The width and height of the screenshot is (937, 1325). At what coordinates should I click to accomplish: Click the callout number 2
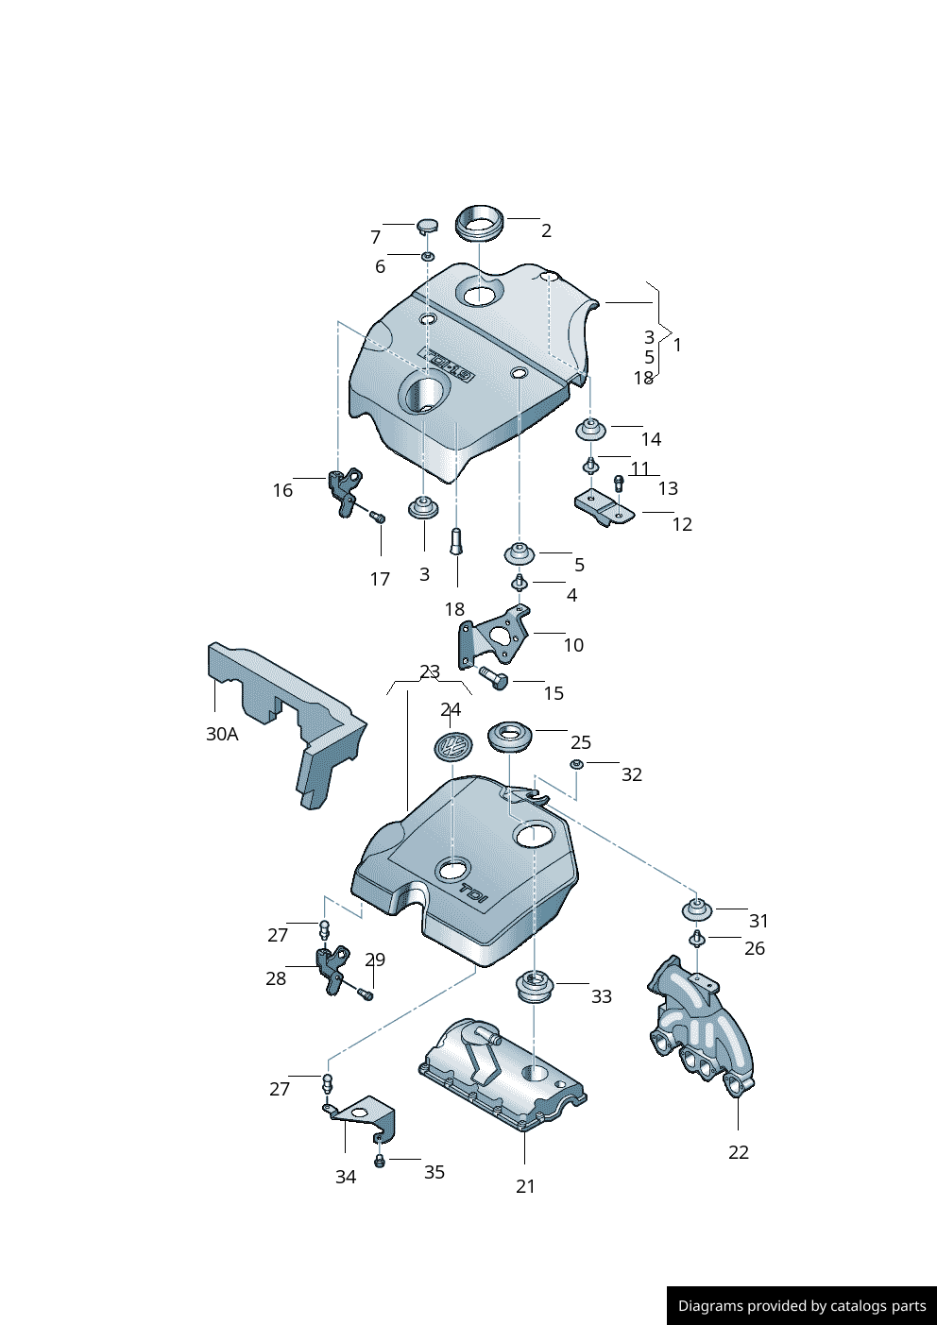(x=546, y=230)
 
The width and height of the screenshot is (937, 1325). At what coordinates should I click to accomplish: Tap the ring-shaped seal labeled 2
(x=480, y=223)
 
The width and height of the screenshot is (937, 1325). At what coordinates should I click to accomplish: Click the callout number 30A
(x=222, y=734)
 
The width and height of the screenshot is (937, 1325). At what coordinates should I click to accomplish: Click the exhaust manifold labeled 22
(x=703, y=1029)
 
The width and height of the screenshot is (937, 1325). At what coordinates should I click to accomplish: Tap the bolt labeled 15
(x=493, y=677)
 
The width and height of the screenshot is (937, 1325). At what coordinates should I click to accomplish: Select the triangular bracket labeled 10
(x=494, y=636)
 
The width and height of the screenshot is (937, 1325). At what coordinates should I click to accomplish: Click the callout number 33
(x=602, y=996)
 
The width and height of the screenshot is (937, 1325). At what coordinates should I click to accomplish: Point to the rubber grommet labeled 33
(x=535, y=988)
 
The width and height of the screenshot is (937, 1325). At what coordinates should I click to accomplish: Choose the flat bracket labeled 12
(x=604, y=508)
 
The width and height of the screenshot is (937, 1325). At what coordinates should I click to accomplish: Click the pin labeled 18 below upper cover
(x=456, y=542)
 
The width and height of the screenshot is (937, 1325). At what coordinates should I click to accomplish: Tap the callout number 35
(x=434, y=1172)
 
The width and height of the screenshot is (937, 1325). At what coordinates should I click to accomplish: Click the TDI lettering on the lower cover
(x=473, y=892)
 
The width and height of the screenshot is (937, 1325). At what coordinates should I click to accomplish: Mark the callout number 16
(x=282, y=490)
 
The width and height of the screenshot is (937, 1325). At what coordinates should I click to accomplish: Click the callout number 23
(x=430, y=671)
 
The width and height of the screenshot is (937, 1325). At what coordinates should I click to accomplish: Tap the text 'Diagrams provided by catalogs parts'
(x=802, y=1306)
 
